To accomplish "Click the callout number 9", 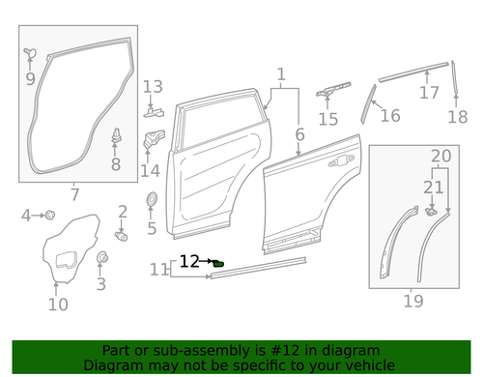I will (x=30, y=78).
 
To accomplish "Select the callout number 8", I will (x=116, y=165).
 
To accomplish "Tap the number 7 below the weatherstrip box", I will (x=74, y=195).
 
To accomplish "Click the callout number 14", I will (x=150, y=171).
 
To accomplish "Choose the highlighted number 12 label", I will (x=189, y=261).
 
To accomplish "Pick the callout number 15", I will (x=329, y=120).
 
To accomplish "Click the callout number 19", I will (x=413, y=301).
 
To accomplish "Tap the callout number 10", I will (x=58, y=305).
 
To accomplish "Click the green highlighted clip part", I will (x=218, y=262).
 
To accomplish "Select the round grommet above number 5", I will (x=152, y=200).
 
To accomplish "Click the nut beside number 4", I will (x=49, y=214).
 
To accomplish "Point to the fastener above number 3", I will (x=101, y=257).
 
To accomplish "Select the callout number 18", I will (x=457, y=117).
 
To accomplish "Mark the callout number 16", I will (x=390, y=116).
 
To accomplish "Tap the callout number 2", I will (x=123, y=212).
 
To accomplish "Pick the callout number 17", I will (x=428, y=93).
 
